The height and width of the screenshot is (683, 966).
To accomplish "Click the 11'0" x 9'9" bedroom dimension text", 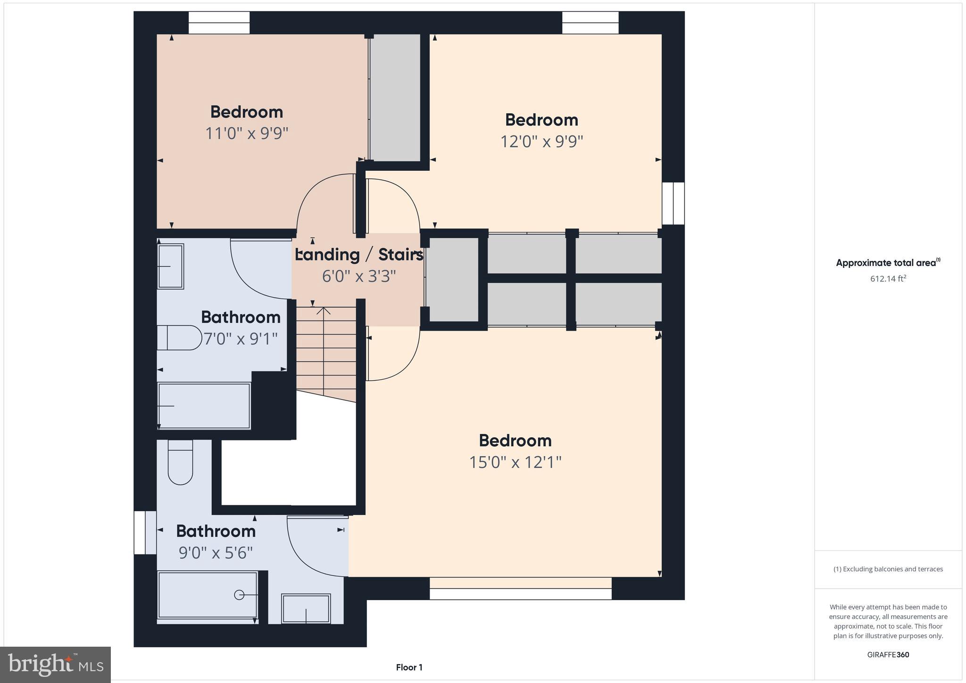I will [x=246, y=133].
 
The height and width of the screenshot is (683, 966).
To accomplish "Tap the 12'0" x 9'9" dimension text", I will [x=541, y=142].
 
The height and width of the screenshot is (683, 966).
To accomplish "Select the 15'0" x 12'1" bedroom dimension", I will [x=515, y=462].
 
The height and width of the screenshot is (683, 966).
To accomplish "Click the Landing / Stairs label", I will [x=359, y=255].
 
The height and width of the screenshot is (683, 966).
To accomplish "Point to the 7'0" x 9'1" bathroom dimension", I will [x=241, y=339].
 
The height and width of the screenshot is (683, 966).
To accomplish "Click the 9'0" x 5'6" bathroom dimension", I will [x=216, y=552].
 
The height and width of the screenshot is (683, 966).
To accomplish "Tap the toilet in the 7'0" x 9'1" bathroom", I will [x=179, y=338].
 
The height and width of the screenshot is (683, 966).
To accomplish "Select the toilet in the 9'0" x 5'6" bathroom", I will [x=180, y=462].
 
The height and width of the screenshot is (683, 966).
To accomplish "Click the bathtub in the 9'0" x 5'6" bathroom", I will [x=208, y=595].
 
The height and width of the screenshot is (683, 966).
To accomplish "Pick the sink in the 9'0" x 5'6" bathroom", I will [x=306, y=608].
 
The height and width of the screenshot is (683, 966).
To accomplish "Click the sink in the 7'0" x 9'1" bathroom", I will [x=170, y=267].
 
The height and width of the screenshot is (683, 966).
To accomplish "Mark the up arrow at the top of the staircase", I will [x=324, y=311].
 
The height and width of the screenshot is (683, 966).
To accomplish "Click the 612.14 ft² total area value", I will [x=888, y=279].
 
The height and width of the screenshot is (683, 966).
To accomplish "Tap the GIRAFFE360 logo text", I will [x=888, y=655].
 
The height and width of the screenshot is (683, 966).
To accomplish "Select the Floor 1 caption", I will [x=409, y=667].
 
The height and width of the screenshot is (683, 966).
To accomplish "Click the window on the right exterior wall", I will [x=673, y=203].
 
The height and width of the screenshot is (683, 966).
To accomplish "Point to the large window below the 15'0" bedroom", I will [x=520, y=593].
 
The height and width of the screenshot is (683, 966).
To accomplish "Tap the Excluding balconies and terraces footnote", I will [x=888, y=569].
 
